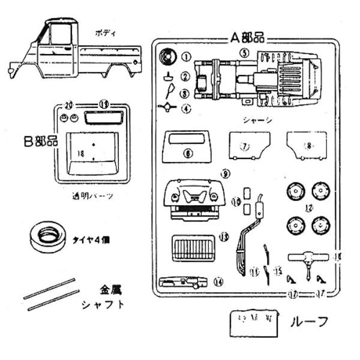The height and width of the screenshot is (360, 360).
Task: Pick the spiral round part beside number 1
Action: pyautogui.click(x=168, y=58)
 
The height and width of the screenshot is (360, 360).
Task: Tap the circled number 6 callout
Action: pyautogui.click(x=188, y=154)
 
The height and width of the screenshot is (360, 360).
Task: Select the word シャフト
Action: pyautogui.click(x=103, y=304)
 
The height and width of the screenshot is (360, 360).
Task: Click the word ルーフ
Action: pyautogui.click(x=310, y=322)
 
